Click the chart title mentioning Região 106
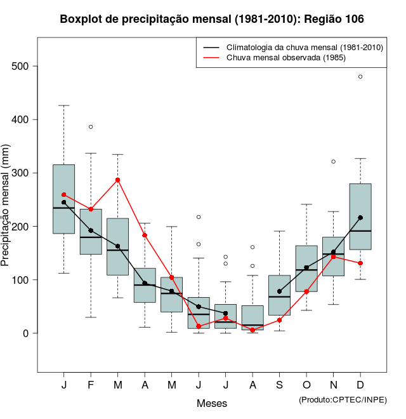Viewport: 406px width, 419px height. click(212, 19)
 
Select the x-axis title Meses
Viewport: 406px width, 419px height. click(212, 403)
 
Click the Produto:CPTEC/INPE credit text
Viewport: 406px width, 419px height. click(343, 399)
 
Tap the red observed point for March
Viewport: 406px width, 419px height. click(118, 180)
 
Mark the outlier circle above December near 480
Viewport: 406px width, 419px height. click(360, 76)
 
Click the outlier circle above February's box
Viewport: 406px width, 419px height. click(91, 127)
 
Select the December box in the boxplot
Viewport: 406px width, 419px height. click(360, 216)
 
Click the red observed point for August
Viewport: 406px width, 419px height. click(252, 330)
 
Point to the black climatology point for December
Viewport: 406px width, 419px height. click(360, 218)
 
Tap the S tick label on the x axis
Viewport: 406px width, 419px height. click(279, 385)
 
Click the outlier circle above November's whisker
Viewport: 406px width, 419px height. click(333, 161)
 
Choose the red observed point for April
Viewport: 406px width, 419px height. click(145, 235)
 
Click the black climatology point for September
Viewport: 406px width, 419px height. click(279, 291)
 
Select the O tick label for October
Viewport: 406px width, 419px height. click(306, 385)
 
